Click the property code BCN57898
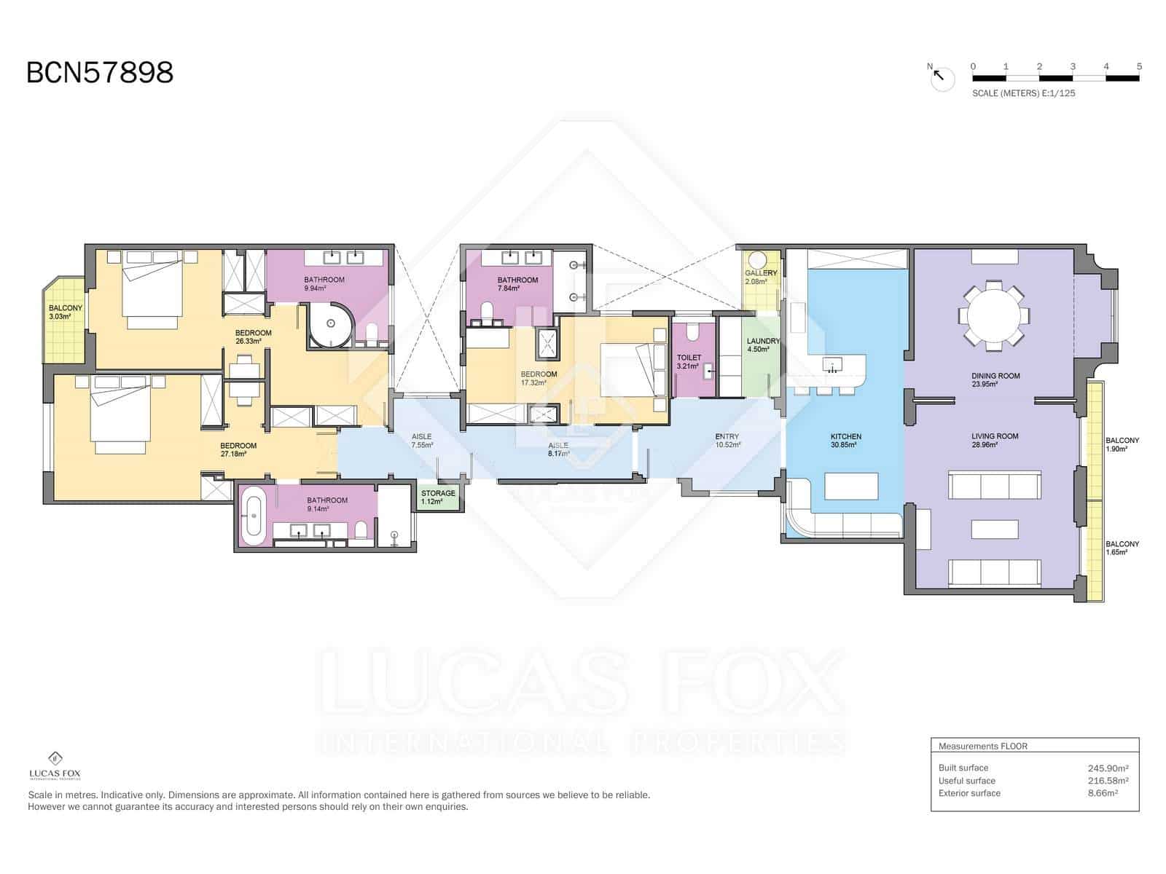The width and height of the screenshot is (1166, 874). coord(100,73)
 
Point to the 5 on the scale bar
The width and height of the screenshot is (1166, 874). coord(1139,66)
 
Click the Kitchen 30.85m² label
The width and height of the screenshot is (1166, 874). coord(845,441)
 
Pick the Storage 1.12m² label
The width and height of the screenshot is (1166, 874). coord(438,497)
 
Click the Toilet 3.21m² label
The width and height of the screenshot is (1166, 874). coord(689,361)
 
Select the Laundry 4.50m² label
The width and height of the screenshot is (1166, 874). coord(763,345)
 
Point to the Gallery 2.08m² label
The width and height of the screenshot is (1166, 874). coord(761,277)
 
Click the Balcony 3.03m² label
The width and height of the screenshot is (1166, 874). coord(66,312)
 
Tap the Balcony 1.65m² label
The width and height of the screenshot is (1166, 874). coord(1122,548)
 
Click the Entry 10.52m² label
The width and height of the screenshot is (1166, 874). coord(727,441)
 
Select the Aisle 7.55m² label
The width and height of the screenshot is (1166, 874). coord(421,441)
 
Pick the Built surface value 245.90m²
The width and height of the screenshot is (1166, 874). coord(1108,768)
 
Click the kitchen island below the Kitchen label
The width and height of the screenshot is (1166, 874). coord(851,485)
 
